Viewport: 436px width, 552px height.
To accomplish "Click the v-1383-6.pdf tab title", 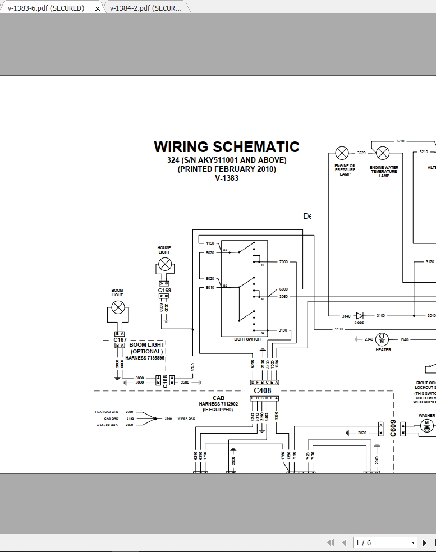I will pyautogui.click(x=45, y=8).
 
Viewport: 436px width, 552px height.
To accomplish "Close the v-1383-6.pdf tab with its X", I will pyautogui.click(x=98, y=8).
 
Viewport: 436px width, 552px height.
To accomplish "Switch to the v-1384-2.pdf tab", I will pyautogui.click(x=146, y=8).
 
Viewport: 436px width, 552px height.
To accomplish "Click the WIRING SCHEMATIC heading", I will pyautogui.click(x=227, y=147).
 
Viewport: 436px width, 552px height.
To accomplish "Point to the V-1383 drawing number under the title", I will pyautogui.click(x=227, y=178).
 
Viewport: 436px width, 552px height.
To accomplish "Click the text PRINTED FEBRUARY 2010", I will pyautogui.click(x=227, y=169).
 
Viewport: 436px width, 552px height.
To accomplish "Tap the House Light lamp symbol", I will pyautogui.click(x=164, y=265).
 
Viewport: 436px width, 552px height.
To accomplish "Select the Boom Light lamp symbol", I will pyautogui.click(x=117, y=307).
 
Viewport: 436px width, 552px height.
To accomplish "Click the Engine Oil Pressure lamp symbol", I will pyautogui.click(x=342, y=153).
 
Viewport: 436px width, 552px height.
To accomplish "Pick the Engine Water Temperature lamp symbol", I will pyautogui.click(x=383, y=153).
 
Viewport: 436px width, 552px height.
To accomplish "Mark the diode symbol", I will pyautogui.click(x=359, y=316).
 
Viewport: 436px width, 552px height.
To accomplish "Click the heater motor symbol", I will pyautogui.click(x=382, y=339).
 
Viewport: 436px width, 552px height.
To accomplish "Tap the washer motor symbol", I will pyautogui.click(x=426, y=426).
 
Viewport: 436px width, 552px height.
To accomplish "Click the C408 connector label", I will pyautogui.click(x=262, y=390).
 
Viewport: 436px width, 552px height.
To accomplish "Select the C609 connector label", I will pyautogui.click(x=393, y=428).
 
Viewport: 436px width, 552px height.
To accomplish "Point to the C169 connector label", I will pyautogui.click(x=164, y=291).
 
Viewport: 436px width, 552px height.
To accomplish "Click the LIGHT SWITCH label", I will pyautogui.click(x=247, y=339).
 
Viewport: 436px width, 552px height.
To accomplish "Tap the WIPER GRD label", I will pyautogui.click(x=186, y=418).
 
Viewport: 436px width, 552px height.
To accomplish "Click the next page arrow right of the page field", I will pyautogui.click(x=424, y=542).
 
